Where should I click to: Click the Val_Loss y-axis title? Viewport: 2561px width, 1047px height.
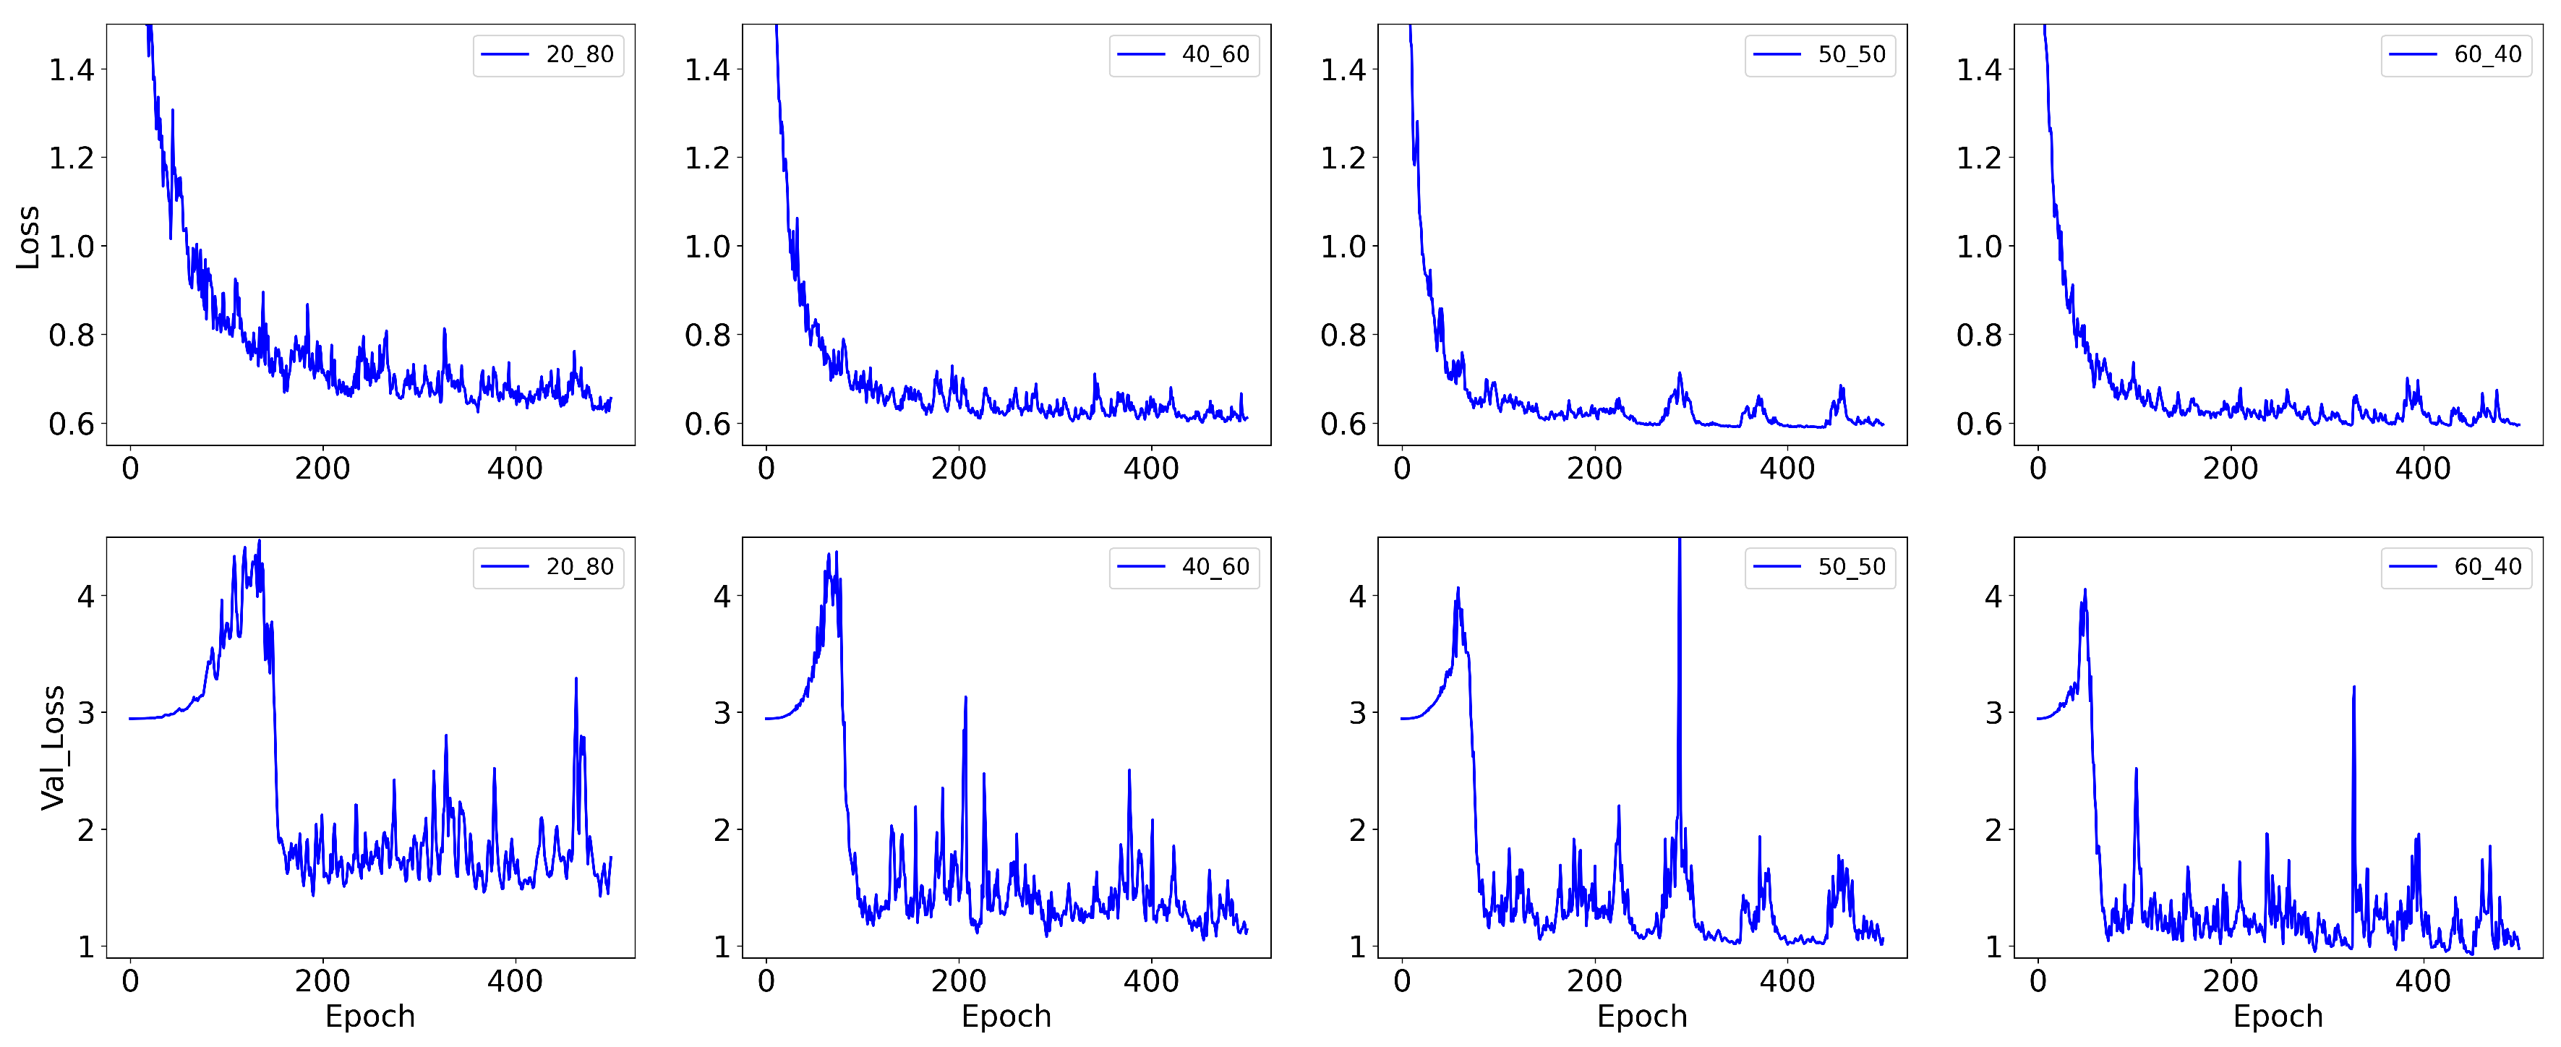tap(53, 748)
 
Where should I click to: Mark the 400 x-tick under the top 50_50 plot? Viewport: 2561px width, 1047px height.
tap(1787, 469)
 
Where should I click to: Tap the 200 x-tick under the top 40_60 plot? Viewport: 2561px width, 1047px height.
tap(959, 469)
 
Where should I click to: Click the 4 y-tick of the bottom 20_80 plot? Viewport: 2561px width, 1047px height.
tap(85, 597)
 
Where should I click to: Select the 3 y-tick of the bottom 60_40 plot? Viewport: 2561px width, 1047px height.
tap(1993, 713)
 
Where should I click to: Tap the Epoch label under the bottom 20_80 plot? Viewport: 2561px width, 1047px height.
tap(370, 1016)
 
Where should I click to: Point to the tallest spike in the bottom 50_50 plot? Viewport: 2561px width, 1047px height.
tap(1679, 545)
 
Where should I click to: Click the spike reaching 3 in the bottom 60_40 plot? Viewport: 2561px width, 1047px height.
tap(2353, 688)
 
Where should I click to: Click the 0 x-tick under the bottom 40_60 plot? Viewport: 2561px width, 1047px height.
tap(766, 981)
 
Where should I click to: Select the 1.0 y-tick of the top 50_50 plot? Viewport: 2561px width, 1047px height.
tap(1343, 247)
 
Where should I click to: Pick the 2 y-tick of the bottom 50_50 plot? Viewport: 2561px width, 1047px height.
tap(1357, 829)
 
